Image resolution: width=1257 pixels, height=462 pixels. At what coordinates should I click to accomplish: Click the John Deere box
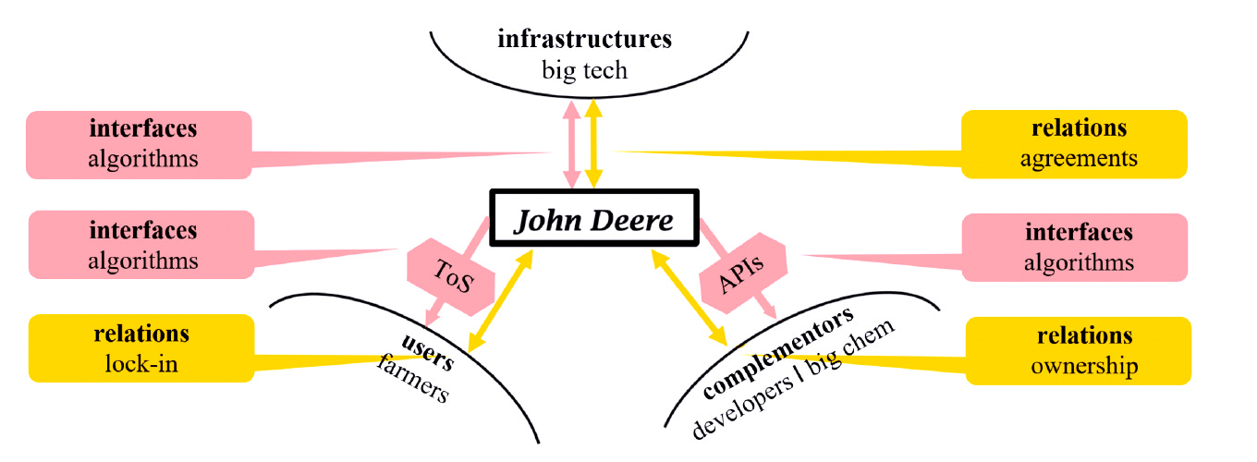[593, 219]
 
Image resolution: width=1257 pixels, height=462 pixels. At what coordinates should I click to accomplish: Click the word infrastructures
[584, 41]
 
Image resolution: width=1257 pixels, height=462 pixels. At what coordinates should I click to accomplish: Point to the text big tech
[584, 69]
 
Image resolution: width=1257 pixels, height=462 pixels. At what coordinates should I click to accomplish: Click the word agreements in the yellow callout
[1079, 158]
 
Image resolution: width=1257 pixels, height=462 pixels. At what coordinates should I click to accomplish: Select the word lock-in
[141, 363]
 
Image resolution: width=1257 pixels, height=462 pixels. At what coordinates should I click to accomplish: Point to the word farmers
[413, 380]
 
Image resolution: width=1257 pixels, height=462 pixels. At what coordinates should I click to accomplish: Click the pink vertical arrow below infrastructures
[572, 144]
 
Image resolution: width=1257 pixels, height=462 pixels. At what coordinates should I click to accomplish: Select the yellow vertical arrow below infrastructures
[594, 144]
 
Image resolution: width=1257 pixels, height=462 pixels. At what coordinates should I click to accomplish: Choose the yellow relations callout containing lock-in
[141, 347]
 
